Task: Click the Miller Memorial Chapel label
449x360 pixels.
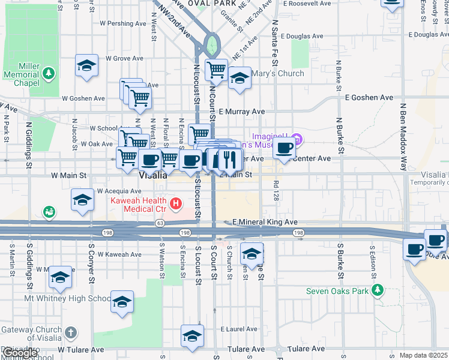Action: (20, 74)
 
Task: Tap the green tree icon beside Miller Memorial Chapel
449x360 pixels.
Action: (48, 74)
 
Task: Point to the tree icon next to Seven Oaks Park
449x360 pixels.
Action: (377, 291)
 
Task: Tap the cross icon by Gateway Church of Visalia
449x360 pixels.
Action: (70, 332)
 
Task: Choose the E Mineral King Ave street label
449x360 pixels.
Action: (265, 222)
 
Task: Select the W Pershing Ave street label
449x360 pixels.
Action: (123, 24)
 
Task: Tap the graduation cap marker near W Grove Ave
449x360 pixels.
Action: (86, 65)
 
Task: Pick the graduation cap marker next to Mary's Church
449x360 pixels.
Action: (240, 78)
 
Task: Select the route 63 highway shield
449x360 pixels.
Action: (160, 223)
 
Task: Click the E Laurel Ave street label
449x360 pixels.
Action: (239, 329)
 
